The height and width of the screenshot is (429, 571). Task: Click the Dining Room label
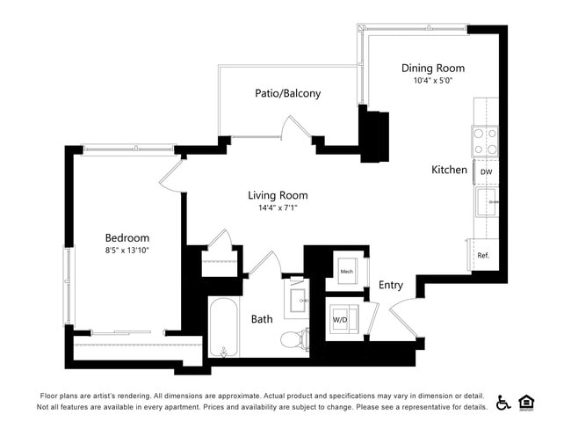click(x=432, y=68)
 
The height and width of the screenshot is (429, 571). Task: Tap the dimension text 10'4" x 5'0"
click(x=432, y=81)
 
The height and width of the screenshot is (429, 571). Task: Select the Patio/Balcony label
click(x=287, y=93)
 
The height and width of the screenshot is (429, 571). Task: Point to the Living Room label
click(x=278, y=195)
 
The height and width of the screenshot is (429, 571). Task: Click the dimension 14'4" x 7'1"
click(x=278, y=208)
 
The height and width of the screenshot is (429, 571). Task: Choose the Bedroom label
click(x=127, y=237)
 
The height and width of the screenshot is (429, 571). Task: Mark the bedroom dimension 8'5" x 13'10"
click(x=127, y=251)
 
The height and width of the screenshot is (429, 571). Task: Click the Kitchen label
click(x=449, y=170)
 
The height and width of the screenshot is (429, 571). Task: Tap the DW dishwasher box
click(x=486, y=172)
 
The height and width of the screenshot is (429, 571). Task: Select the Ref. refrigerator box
click(x=484, y=255)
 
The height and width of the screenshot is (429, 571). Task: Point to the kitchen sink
click(x=486, y=202)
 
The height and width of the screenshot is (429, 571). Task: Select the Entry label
click(x=391, y=285)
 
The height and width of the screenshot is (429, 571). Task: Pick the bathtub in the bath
click(x=223, y=328)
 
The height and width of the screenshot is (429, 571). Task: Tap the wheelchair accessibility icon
click(x=503, y=402)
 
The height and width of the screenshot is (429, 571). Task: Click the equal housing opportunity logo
click(x=527, y=402)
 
